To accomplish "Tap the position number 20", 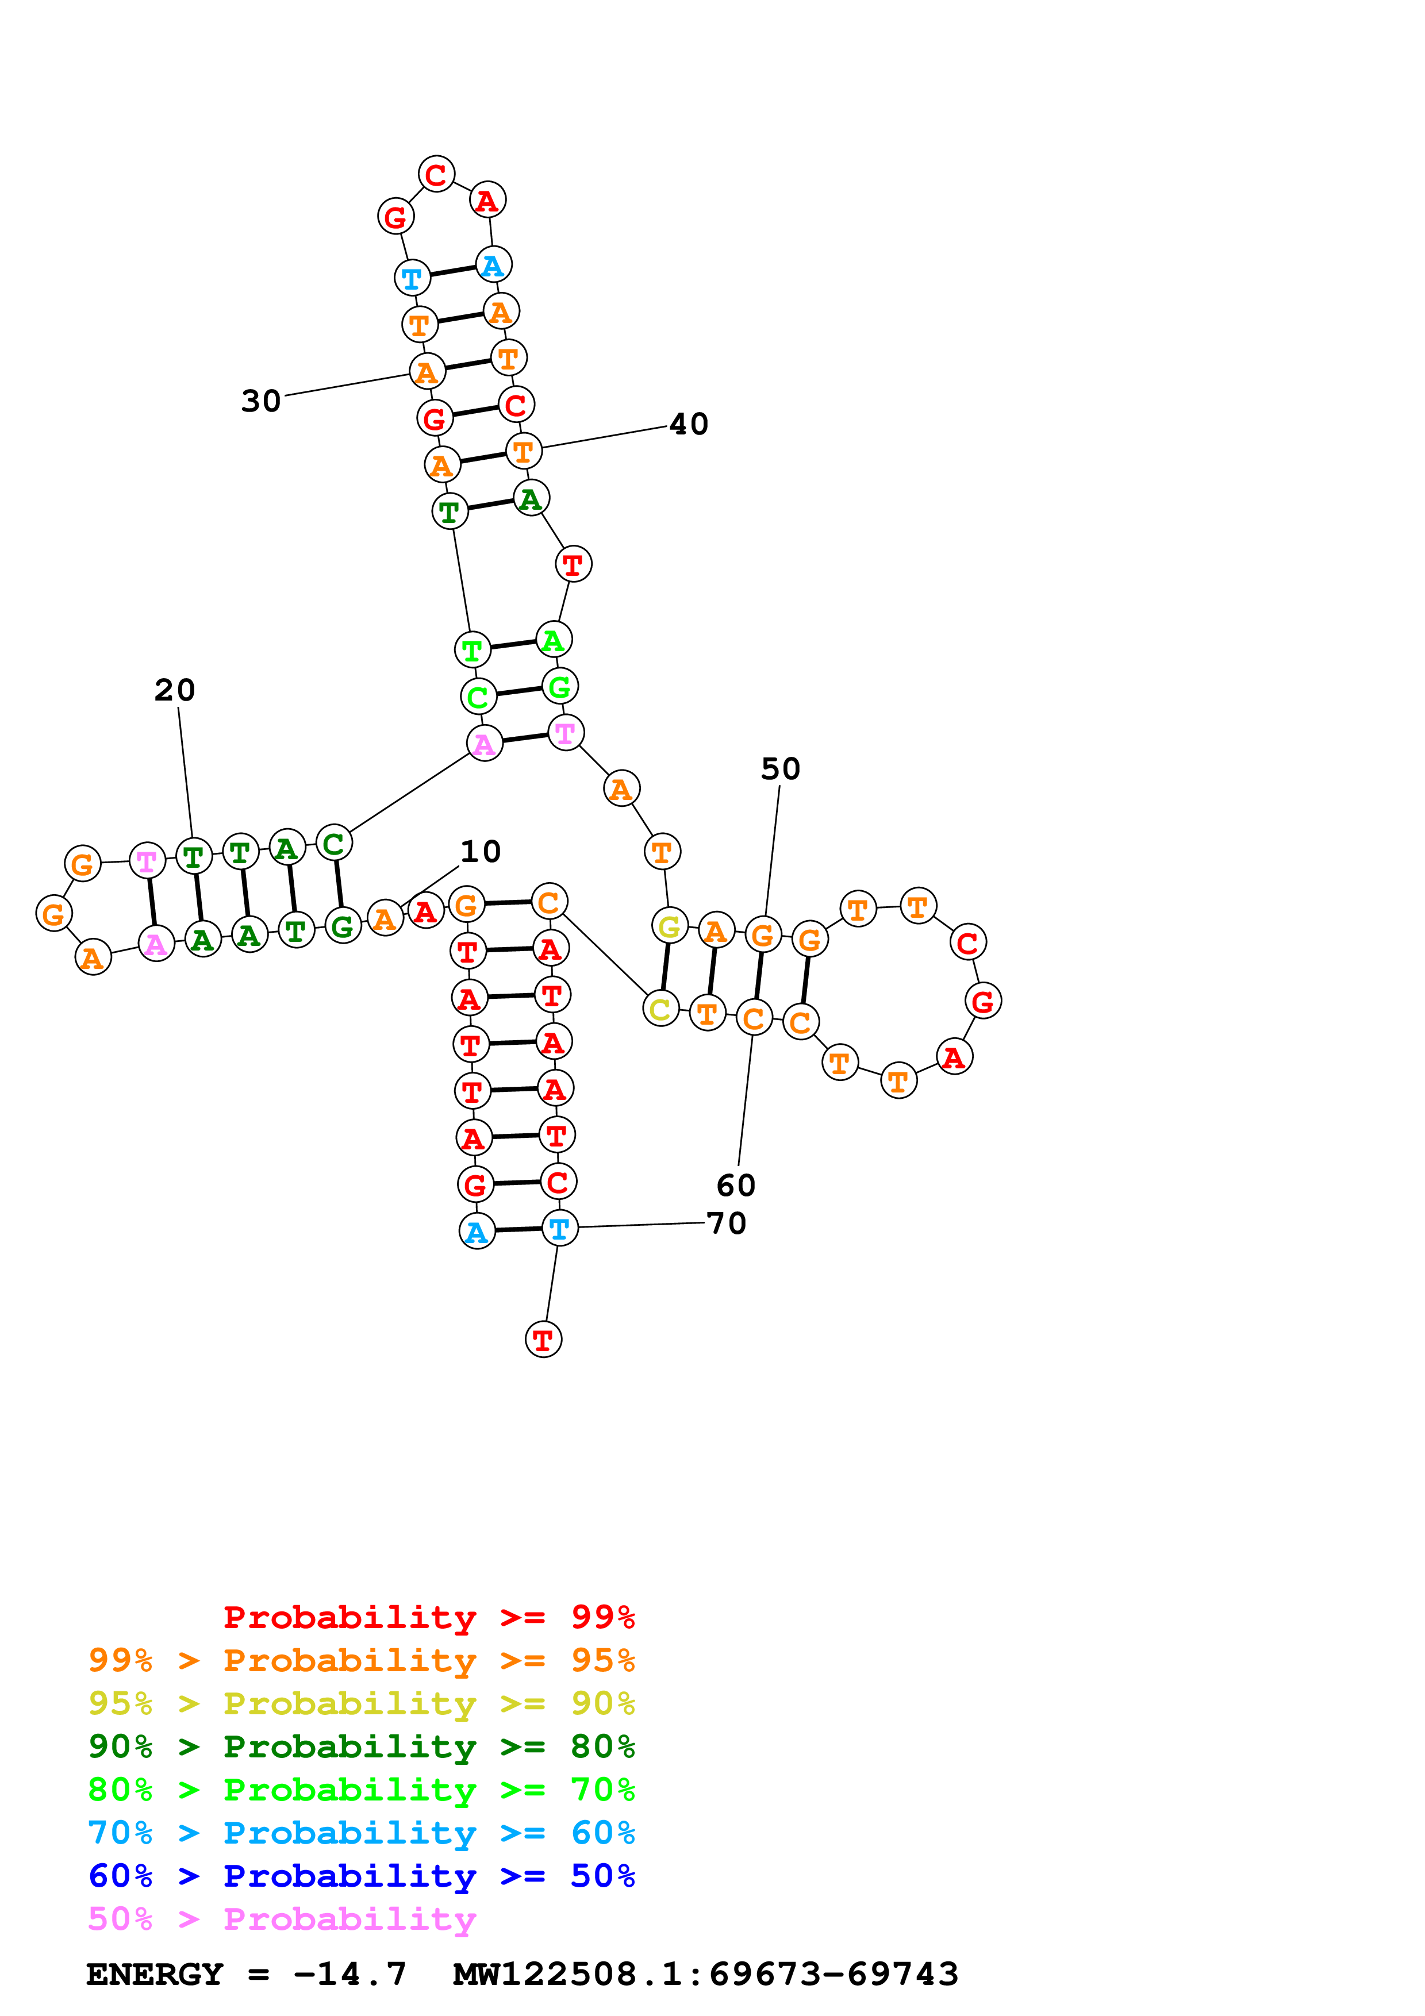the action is pos(175,690).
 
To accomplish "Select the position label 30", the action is pos(261,401).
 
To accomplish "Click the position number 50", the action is pos(781,769).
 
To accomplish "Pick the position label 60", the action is pos(736,1186).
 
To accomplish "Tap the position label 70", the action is pos(726,1223).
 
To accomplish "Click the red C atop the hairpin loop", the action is pos(436,175).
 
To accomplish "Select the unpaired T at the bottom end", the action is pos(543,1340).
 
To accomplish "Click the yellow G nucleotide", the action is pos(670,925).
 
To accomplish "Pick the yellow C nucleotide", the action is pos(661,1009).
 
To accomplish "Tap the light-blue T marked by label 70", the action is pos(560,1228).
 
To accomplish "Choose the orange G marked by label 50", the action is pos(763,935).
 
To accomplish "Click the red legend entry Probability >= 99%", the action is pos(428,1617).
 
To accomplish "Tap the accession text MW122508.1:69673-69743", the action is pos(705,1974).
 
